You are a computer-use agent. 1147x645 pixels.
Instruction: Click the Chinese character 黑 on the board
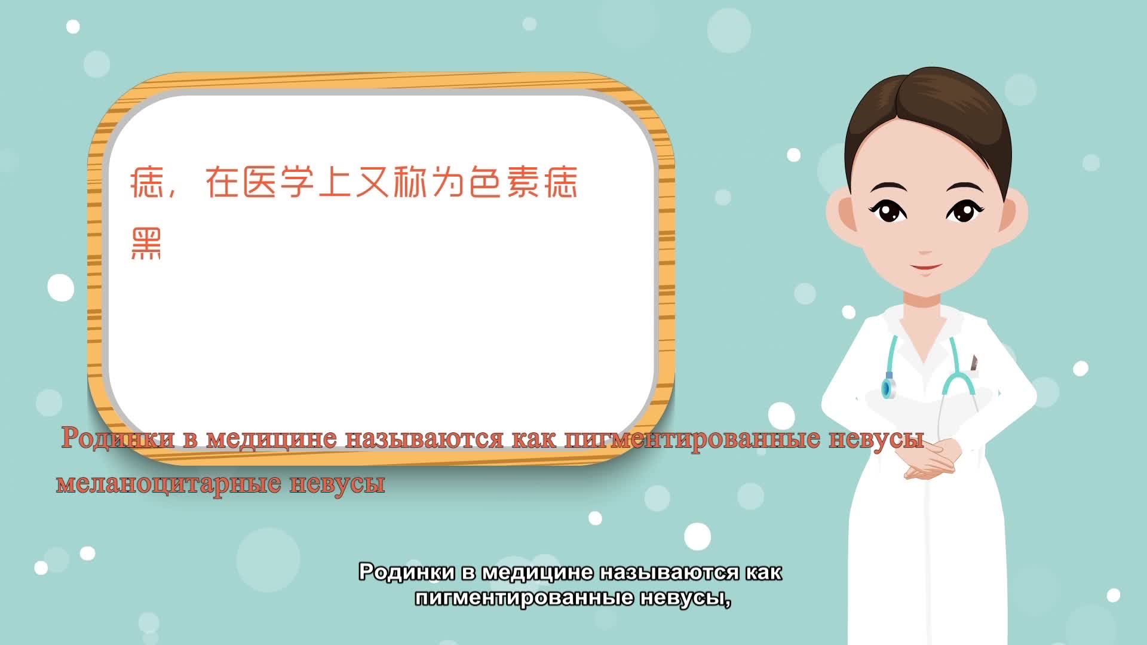146,245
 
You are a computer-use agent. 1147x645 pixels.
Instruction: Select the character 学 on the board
297,182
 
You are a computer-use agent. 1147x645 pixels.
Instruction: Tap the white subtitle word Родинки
407,572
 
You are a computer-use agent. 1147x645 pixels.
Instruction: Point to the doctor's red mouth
925,267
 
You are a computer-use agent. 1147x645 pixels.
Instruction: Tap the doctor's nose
925,245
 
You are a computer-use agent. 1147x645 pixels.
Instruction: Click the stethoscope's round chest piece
889,387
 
